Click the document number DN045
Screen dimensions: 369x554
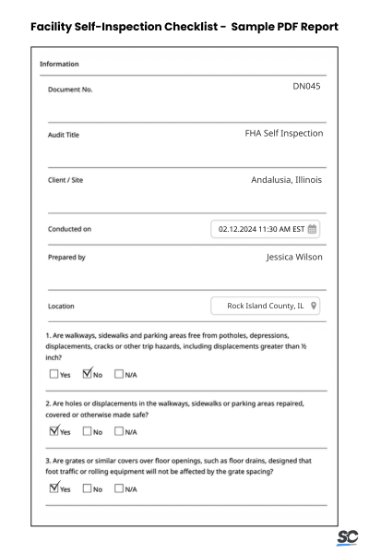tap(307, 87)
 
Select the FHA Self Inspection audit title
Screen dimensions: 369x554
tap(283, 133)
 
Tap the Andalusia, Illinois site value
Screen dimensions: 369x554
tap(286, 179)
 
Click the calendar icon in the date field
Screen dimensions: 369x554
tap(313, 228)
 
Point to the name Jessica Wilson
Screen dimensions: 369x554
tap(294, 257)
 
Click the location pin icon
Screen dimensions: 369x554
tap(315, 306)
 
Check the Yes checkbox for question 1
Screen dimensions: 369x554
tap(53, 374)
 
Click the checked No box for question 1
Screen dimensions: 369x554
tap(88, 374)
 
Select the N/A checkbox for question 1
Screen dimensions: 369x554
tap(120, 374)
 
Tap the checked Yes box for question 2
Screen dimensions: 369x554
tap(53, 430)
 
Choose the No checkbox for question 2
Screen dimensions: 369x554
tap(88, 431)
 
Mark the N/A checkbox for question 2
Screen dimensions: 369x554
tap(120, 431)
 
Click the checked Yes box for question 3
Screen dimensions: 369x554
tap(53, 488)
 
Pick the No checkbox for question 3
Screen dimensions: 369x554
tap(88, 489)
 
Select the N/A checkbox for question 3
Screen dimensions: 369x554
tap(120, 489)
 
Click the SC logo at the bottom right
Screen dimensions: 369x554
tap(347, 537)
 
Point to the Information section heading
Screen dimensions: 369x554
tap(59, 64)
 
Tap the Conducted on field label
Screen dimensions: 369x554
tap(69, 229)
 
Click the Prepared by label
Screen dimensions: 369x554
tap(66, 258)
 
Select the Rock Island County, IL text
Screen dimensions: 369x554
tap(266, 306)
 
